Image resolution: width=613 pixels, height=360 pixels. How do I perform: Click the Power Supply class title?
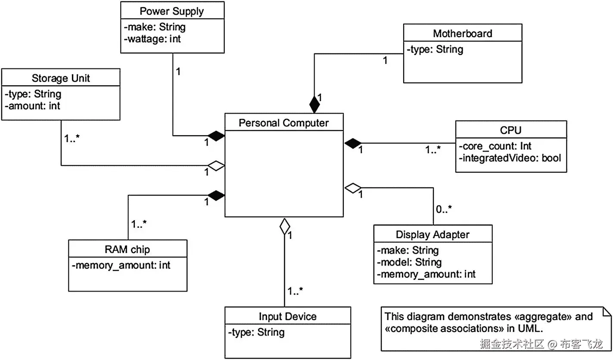tap(172, 11)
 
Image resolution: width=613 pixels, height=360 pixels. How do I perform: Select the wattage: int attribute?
tap(153, 39)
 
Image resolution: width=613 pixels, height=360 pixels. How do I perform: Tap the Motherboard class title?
tap(462, 34)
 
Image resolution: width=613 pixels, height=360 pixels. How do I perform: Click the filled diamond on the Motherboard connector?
tap(315, 103)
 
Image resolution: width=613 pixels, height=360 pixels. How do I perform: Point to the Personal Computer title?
tap(284, 123)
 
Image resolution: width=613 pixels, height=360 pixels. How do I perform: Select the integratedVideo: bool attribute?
tap(511, 158)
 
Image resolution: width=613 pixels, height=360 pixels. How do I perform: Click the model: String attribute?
tap(409, 262)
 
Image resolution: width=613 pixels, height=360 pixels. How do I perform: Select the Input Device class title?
tap(287, 317)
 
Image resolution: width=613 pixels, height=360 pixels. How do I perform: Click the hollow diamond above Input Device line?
tap(284, 226)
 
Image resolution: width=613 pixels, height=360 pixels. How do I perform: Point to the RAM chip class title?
tap(128, 249)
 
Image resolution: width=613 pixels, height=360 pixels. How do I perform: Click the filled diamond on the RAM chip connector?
tap(216, 196)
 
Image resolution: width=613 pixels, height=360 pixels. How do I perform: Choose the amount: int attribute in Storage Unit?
tap(33, 106)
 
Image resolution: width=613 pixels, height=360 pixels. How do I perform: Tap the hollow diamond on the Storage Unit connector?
tap(216, 166)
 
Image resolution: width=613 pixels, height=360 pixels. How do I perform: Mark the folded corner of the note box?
tap(607, 311)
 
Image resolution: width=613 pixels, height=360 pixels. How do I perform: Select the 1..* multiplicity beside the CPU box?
tap(433, 150)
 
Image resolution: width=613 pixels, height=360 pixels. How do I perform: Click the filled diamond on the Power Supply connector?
tap(216, 136)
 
